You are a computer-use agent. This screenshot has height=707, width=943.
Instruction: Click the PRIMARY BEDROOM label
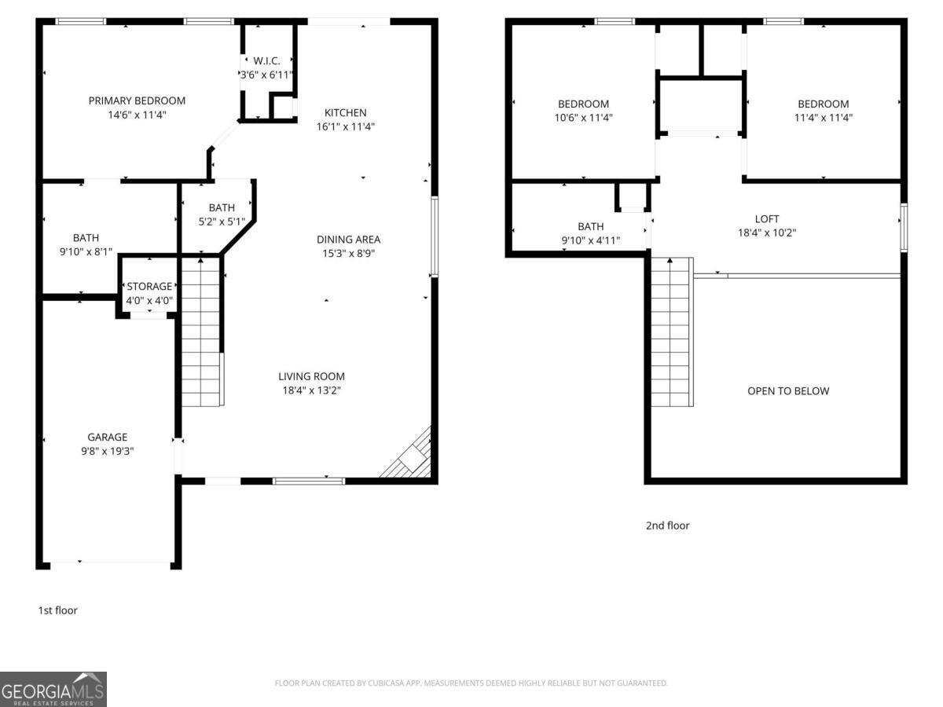(x=137, y=101)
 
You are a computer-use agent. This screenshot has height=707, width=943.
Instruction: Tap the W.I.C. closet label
(x=266, y=60)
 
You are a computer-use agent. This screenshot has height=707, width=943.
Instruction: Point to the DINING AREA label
(x=348, y=240)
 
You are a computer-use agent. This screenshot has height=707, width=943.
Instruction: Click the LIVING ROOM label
(x=311, y=376)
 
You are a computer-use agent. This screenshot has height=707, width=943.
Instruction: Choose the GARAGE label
(x=107, y=437)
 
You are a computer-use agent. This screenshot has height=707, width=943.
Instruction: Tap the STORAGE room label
(x=149, y=287)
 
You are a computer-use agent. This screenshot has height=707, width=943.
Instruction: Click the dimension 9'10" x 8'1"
(x=86, y=252)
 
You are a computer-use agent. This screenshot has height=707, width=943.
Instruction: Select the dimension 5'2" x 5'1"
(x=221, y=222)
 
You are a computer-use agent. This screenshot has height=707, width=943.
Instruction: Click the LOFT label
(x=767, y=219)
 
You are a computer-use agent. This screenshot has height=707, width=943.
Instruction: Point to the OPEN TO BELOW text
(x=788, y=391)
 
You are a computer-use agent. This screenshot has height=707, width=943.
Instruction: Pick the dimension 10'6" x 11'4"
(x=583, y=118)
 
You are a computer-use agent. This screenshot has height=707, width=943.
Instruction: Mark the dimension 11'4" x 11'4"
(x=824, y=118)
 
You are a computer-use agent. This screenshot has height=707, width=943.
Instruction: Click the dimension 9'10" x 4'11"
(x=591, y=240)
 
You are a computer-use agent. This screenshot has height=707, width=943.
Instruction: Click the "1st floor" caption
(x=58, y=610)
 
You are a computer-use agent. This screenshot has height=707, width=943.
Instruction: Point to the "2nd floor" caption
(x=667, y=526)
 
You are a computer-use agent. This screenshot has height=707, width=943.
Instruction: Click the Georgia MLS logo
(x=53, y=689)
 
